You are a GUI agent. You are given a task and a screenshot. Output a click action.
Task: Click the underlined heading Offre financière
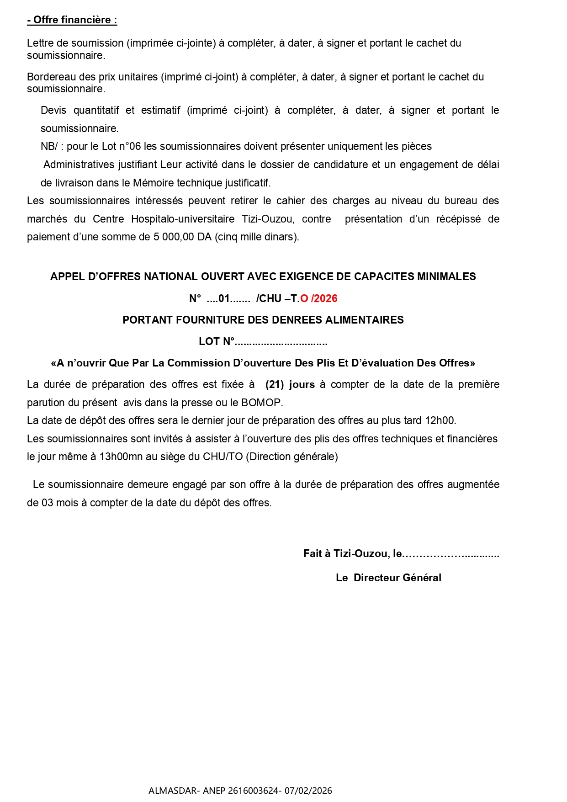(x=72, y=20)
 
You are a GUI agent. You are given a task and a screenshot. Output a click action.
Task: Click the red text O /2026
(x=319, y=298)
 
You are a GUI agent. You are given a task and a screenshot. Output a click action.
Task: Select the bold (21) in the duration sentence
(x=275, y=385)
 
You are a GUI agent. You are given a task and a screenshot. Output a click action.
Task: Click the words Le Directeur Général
(x=388, y=578)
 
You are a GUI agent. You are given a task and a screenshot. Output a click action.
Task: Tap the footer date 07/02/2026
(x=308, y=791)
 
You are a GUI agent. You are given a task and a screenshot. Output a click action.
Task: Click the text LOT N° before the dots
(x=216, y=342)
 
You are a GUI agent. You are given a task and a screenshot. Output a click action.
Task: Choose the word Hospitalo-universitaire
(x=183, y=219)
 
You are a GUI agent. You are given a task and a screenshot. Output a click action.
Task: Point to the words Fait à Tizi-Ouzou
(x=346, y=554)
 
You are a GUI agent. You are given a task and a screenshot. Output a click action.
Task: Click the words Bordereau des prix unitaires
(x=92, y=77)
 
